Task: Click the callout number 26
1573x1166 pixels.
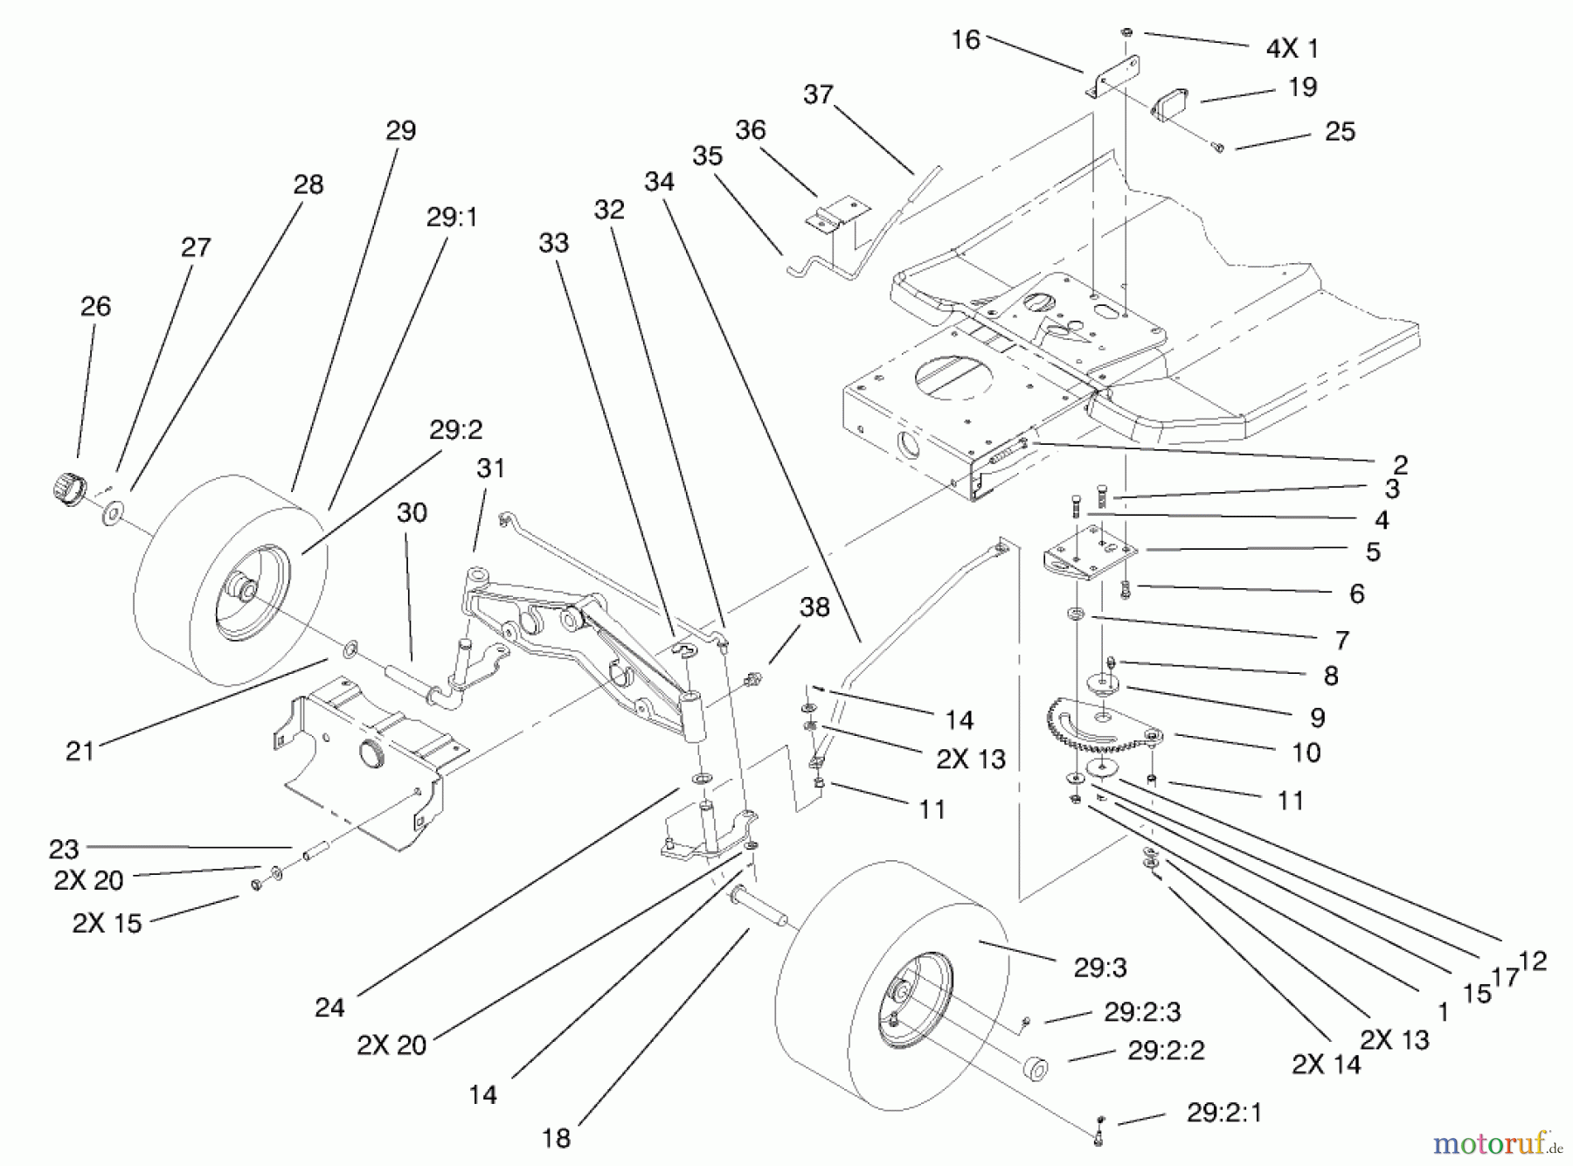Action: pyautogui.click(x=95, y=307)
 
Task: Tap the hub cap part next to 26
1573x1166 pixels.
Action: pyautogui.click(x=66, y=485)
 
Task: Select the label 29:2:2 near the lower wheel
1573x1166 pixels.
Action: pyautogui.click(x=1166, y=1051)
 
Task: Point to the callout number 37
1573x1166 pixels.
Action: pyautogui.click(x=818, y=94)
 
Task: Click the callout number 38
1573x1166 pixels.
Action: pyautogui.click(x=814, y=607)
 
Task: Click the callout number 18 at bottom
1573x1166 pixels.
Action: pyautogui.click(x=556, y=1138)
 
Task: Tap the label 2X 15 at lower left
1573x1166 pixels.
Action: pyautogui.click(x=107, y=924)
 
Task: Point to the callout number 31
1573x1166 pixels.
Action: pyautogui.click(x=490, y=469)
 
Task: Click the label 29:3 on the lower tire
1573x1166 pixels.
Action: pyautogui.click(x=1099, y=968)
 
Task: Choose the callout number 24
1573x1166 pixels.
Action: pyautogui.click(x=329, y=1008)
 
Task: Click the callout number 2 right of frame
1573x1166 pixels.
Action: pyautogui.click(x=1400, y=464)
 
